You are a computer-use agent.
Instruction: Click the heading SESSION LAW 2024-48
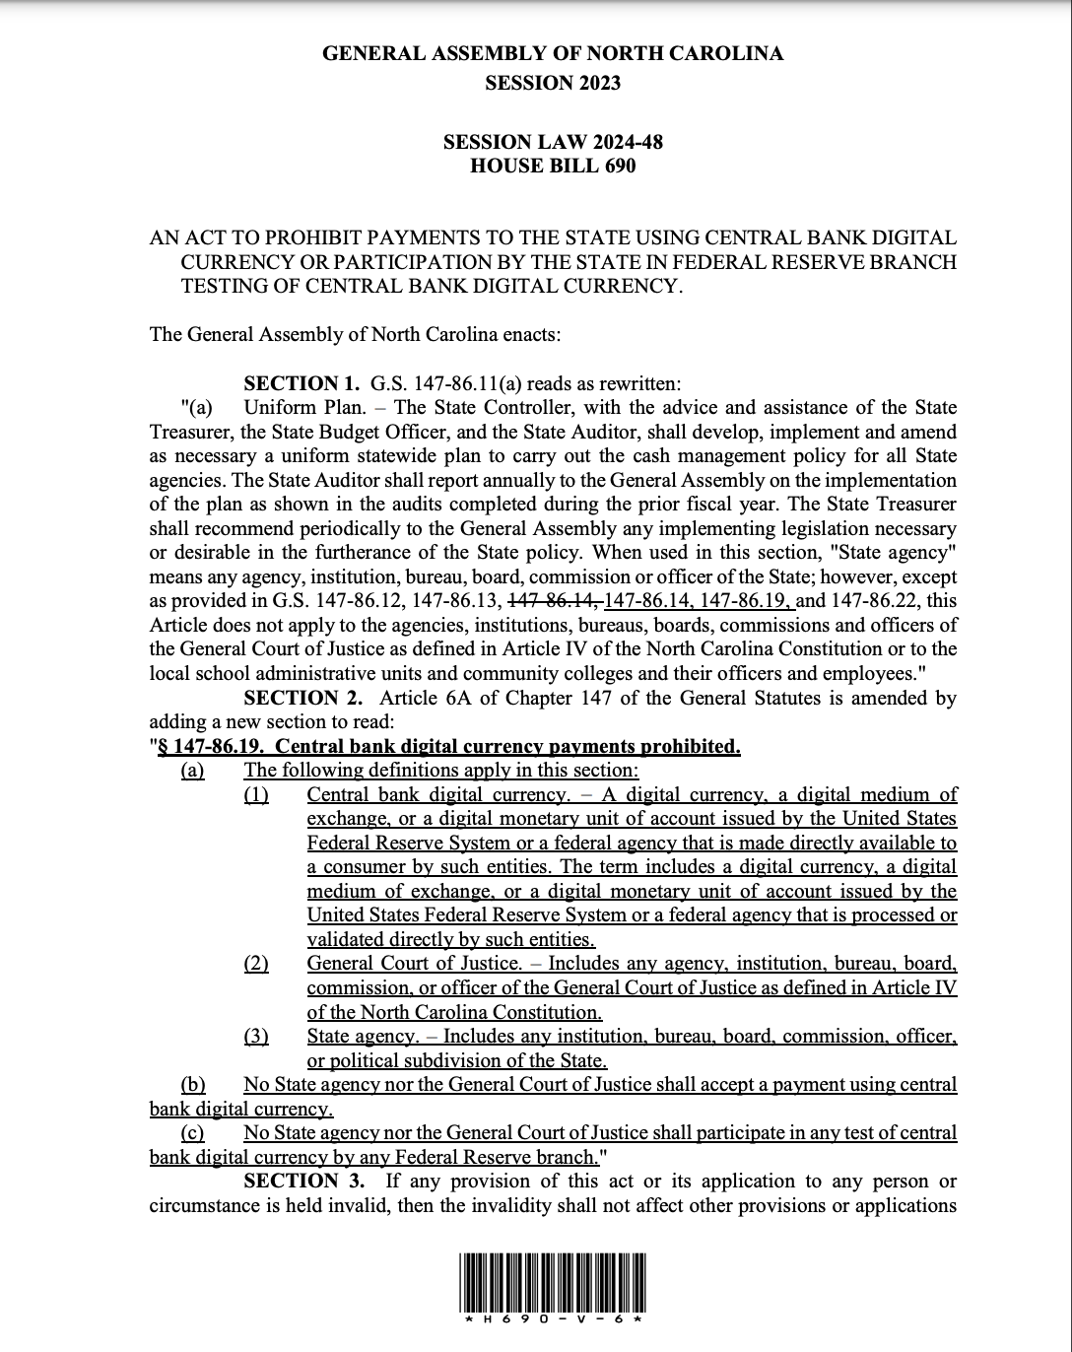tap(553, 141)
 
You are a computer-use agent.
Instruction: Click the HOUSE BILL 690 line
tap(553, 166)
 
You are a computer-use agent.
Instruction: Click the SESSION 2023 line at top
tap(553, 83)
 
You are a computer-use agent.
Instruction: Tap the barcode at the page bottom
tap(553, 1280)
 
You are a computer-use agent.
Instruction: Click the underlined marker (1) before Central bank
tap(256, 794)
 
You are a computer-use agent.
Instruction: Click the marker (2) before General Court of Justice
tap(256, 964)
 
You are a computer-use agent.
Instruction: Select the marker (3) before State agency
tap(256, 1036)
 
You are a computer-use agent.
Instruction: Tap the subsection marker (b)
tap(193, 1084)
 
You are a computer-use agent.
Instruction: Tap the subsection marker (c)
tap(193, 1132)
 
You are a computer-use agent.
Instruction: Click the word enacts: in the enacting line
tap(531, 334)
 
